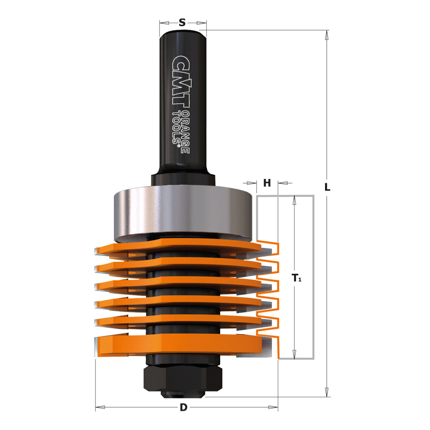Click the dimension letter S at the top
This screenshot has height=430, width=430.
(182, 22)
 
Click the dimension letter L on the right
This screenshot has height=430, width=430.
(327, 187)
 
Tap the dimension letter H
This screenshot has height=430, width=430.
(267, 183)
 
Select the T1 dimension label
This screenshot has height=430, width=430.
(296, 278)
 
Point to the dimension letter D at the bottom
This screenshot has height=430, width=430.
(184, 407)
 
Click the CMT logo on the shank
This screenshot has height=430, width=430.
(180, 81)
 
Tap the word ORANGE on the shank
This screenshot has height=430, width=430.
(186, 132)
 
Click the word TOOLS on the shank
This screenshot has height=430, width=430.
(176, 128)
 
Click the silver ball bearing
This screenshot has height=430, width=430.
(183, 211)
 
